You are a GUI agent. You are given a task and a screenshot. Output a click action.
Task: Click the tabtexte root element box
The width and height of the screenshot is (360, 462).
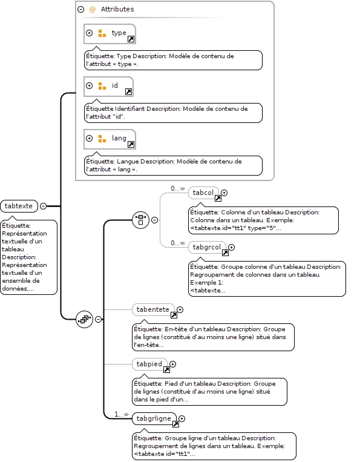pos(19,206)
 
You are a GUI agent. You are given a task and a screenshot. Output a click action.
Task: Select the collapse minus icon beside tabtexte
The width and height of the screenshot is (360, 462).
pos(44,206)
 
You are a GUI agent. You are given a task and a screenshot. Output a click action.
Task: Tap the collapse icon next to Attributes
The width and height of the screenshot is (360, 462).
pos(80,10)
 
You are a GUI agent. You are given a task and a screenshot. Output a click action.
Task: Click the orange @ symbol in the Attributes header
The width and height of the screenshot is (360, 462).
pos(92,10)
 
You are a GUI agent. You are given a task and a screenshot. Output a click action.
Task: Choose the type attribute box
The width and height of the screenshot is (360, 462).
pos(110,33)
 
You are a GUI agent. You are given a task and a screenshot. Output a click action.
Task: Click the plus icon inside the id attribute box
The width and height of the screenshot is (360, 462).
pos(89,85)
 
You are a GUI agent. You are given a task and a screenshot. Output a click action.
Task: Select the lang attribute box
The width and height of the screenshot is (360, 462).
pos(110,139)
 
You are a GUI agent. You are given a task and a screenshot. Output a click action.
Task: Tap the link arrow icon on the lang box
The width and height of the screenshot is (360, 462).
pos(131,144)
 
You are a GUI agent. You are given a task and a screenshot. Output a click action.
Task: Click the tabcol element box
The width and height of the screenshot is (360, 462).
pos(203,193)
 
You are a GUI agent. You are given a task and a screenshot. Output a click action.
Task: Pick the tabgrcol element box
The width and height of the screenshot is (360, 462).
pos(208,247)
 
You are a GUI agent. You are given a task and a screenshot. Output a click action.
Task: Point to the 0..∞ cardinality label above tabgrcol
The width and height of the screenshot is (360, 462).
pos(178,243)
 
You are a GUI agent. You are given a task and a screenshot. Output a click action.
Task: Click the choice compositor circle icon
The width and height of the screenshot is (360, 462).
pos(141,220)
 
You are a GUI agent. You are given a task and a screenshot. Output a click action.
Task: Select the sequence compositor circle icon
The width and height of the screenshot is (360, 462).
pos(85,319)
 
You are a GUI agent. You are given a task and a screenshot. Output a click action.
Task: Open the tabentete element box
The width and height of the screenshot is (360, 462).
pos(153,309)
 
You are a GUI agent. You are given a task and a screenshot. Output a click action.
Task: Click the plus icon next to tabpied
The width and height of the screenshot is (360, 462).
pos(173,364)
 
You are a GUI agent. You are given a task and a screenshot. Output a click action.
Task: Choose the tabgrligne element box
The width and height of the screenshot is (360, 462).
pos(154,418)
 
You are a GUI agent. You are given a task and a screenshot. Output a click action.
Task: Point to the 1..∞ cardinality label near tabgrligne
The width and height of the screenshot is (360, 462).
pos(121,415)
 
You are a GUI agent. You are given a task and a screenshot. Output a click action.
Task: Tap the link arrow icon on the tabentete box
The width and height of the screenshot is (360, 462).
pos(174,315)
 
